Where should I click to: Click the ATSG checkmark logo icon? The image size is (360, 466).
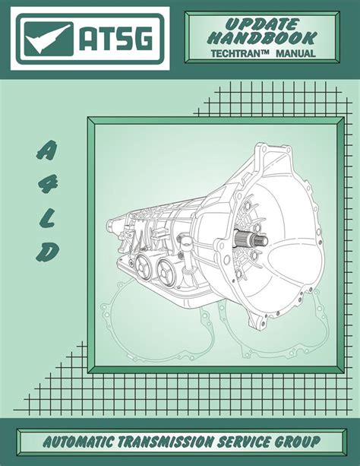(x=49, y=39)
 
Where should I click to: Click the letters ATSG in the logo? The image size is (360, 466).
(x=116, y=38)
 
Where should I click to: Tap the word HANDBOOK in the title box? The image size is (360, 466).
(x=262, y=39)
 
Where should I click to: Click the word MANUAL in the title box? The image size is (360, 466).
(x=295, y=54)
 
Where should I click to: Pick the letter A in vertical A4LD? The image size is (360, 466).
(x=47, y=150)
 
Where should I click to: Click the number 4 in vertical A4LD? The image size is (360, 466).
(x=49, y=184)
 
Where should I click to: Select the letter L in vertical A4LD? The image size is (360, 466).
(x=48, y=219)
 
